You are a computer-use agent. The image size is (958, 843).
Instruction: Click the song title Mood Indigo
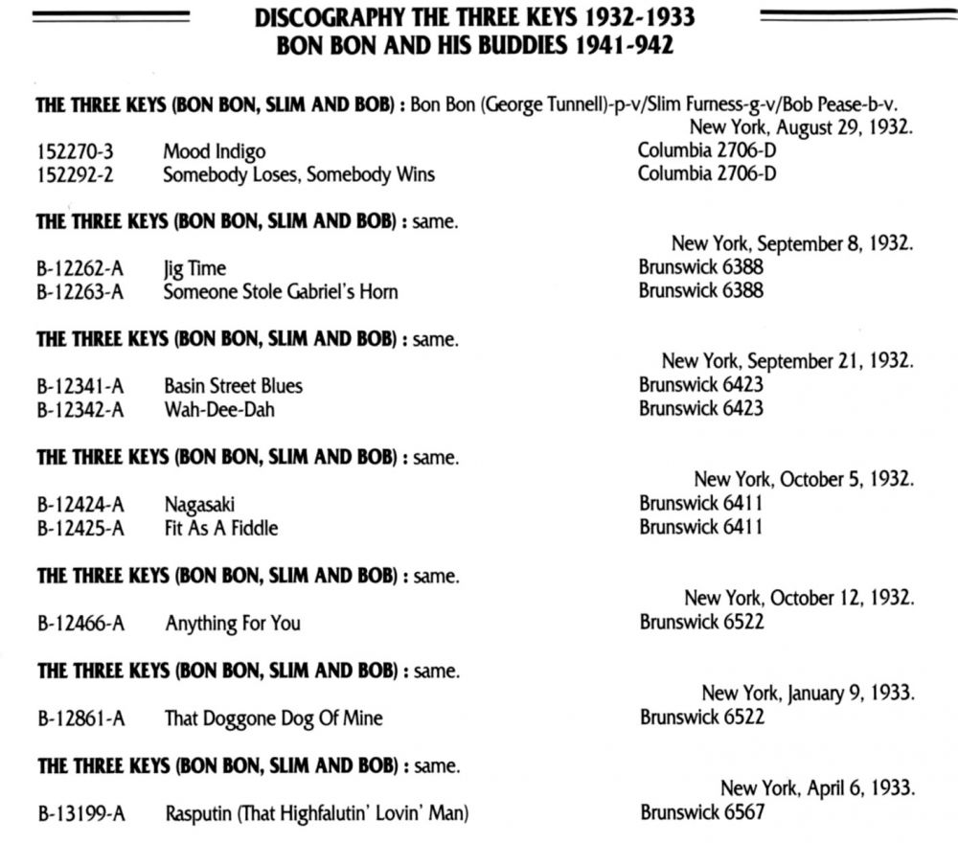coord(214,151)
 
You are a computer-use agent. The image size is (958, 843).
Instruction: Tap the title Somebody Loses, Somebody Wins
coord(298,174)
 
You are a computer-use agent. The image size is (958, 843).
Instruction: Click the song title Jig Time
coord(194,269)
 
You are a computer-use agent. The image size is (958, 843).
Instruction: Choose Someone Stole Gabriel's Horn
coord(280,291)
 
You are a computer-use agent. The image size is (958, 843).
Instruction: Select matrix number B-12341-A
coord(80,386)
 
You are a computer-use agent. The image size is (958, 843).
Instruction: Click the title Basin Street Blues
coord(233,386)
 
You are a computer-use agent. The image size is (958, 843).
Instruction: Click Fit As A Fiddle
coord(221,528)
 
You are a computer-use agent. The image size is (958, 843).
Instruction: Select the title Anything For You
coord(233,624)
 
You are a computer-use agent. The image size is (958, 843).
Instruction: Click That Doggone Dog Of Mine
coord(273,718)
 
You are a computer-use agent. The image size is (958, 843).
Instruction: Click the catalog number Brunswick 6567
coord(702,814)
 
